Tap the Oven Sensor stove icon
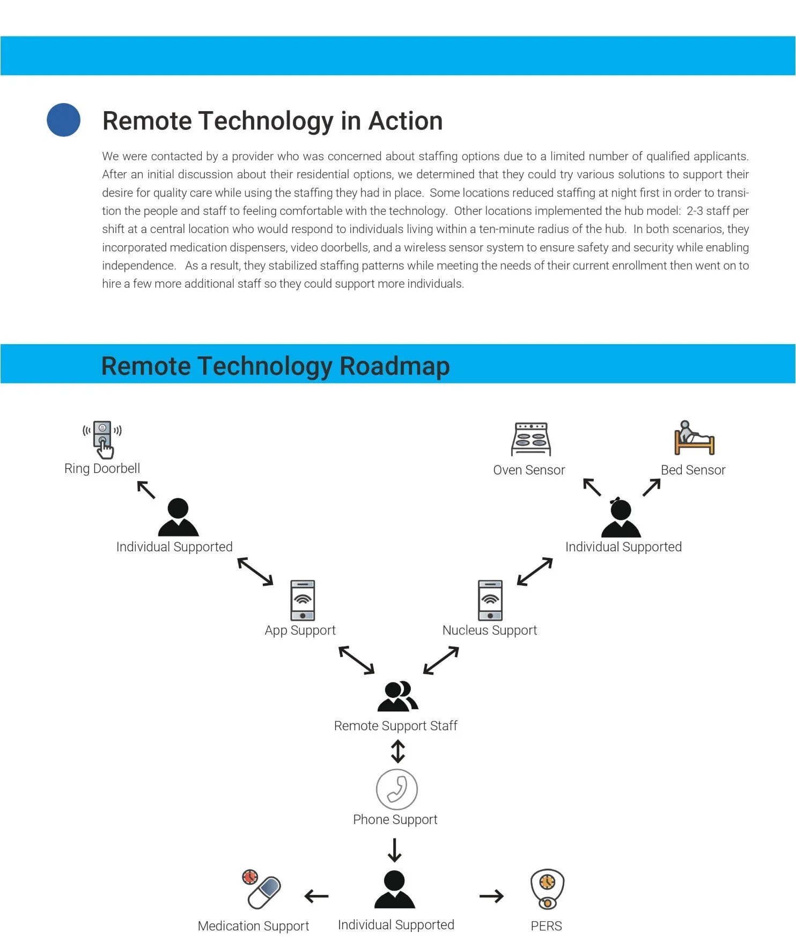point(530,439)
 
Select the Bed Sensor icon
point(694,438)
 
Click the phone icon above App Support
point(303,600)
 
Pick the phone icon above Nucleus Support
point(490,600)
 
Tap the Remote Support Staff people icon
point(397,696)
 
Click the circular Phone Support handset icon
point(396,789)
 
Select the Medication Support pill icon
point(262,890)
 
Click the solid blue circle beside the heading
point(63,120)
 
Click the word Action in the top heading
point(405,121)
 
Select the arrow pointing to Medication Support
point(316,896)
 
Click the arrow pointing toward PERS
point(491,896)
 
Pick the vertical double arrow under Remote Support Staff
point(397,751)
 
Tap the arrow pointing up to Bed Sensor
point(651,487)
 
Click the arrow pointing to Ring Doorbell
point(146,490)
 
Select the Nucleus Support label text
point(489,630)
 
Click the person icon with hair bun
point(621,517)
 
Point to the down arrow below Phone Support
point(395,850)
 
